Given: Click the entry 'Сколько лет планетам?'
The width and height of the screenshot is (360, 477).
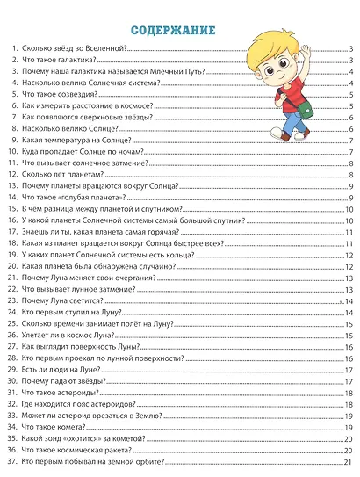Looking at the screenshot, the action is pos(61,175).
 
